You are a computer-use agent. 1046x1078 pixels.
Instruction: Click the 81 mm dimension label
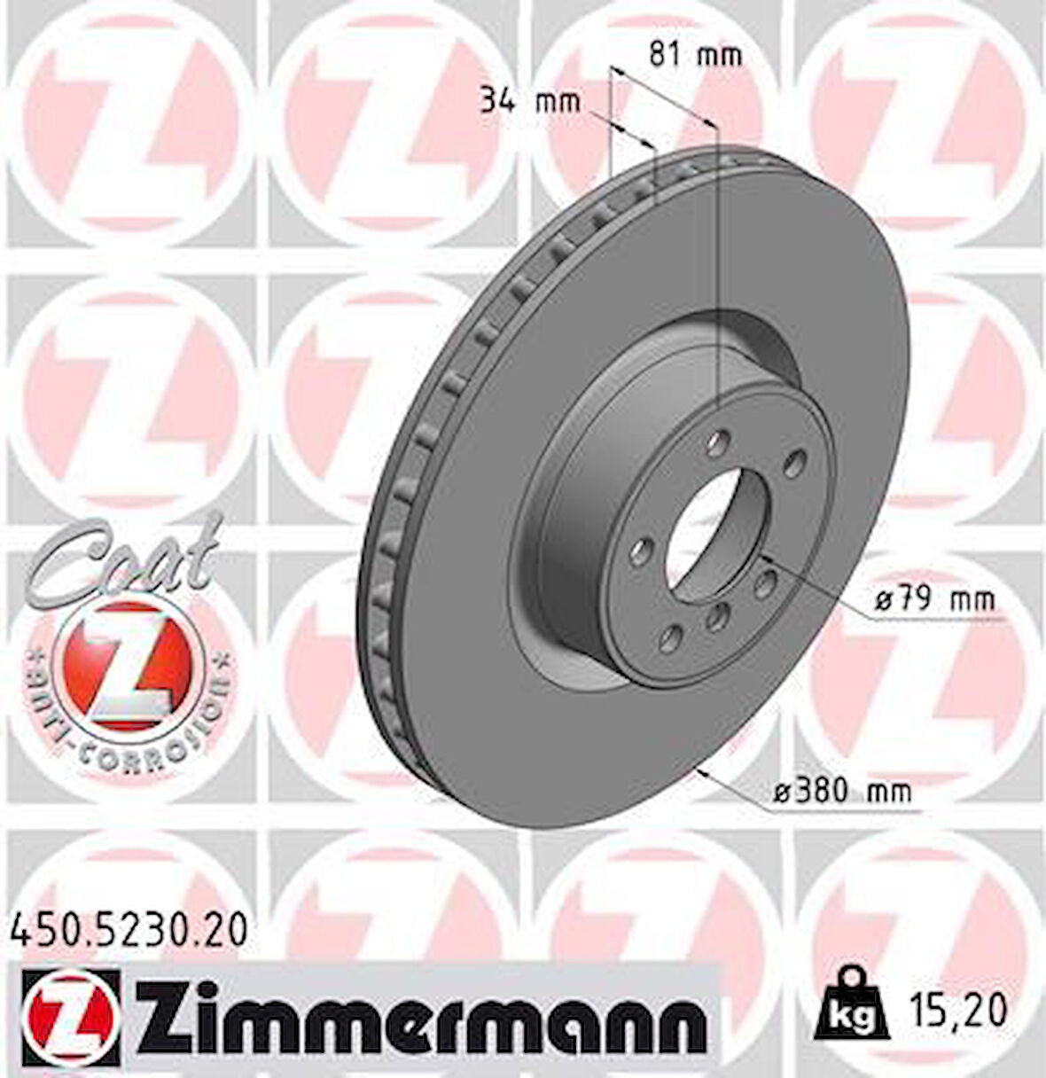tap(694, 56)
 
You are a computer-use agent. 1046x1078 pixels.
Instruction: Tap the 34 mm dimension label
tap(529, 100)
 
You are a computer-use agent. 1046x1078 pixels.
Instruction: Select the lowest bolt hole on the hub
tap(671, 637)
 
